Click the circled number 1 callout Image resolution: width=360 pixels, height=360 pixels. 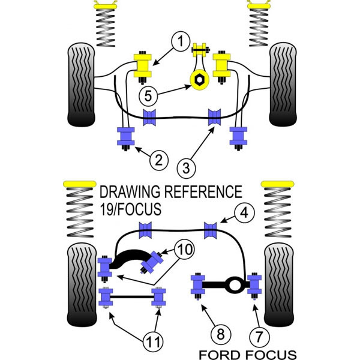179,41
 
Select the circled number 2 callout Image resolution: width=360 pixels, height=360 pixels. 158,160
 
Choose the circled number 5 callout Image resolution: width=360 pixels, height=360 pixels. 149,95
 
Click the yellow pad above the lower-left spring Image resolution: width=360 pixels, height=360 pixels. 80,182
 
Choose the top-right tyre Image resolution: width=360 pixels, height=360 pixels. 280,83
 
